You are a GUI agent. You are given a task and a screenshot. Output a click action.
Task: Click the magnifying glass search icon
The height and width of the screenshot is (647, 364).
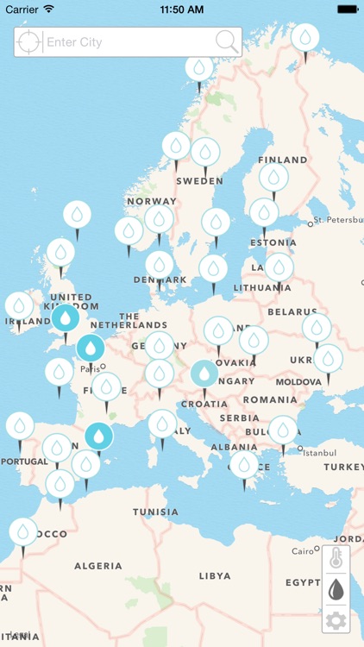226,41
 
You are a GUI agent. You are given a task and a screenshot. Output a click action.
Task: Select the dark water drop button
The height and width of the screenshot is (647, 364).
336,589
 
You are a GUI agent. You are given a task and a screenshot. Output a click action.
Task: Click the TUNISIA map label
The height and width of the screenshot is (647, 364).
155,512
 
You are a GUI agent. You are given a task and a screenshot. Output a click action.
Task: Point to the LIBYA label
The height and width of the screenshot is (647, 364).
215,575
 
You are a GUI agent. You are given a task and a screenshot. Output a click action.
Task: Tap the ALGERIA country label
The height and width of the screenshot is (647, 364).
97,566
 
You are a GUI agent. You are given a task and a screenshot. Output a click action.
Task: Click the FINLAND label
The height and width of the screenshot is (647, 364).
282,160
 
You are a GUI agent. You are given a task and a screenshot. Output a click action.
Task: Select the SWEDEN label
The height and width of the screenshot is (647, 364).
199,182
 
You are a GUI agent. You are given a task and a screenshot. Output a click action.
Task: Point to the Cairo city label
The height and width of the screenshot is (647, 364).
303,550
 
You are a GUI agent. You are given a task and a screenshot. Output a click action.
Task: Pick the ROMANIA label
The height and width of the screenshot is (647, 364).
270,400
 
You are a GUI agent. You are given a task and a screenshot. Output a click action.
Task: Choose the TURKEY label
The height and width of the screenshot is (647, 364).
343,467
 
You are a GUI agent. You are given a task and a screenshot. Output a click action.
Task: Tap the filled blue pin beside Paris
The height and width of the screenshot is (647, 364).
90,348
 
